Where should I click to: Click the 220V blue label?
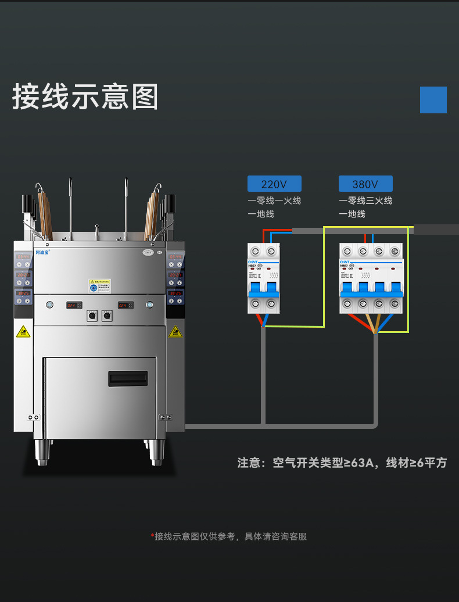tap(274, 184)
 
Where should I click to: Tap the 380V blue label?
tap(365, 184)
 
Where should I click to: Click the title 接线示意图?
tap(85, 96)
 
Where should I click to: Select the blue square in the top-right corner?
tap(433, 100)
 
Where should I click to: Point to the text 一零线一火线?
tap(274, 200)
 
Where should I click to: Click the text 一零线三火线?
tap(365, 200)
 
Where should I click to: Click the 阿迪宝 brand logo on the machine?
tap(43, 252)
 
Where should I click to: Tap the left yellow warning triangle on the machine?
tap(23, 332)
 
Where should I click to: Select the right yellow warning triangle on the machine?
tap(175, 332)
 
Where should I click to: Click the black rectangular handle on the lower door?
tap(128, 379)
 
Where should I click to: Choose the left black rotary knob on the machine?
tap(91, 316)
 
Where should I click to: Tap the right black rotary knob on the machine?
tap(106, 316)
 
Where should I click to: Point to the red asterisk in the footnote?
tap(152, 536)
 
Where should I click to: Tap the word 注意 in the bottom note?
tap(249, 463)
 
